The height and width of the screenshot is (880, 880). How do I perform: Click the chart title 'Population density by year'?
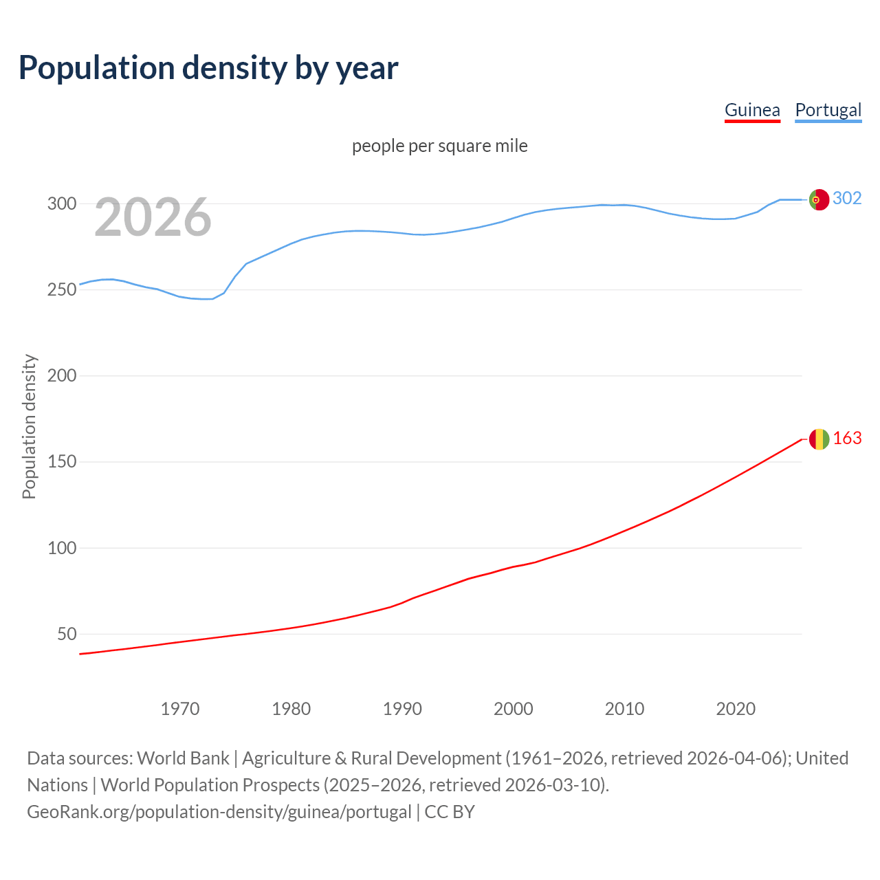point(208,68)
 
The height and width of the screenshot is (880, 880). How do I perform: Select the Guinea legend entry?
point(752,110)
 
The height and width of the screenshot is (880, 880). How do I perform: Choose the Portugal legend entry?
point(828,110)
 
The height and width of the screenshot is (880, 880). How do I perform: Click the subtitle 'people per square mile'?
point(439,146)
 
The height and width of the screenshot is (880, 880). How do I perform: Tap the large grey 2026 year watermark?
point(153,217)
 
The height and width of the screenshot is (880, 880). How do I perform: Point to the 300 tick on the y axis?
point(61,203)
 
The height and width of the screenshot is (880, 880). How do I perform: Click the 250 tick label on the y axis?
point(61,289)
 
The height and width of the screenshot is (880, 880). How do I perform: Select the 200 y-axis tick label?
point(61,375)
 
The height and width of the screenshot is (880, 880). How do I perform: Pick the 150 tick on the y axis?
point(61,461)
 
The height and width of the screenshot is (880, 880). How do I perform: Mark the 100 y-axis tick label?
point(61,548)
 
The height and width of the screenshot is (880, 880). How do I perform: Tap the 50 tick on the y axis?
point(67,634)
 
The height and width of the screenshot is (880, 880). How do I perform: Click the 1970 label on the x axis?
point(180,709)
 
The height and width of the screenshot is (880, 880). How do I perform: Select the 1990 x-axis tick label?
point(402,709)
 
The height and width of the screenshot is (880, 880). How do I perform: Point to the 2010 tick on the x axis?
point(624,709)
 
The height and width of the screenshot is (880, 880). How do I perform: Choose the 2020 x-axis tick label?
point(736,709)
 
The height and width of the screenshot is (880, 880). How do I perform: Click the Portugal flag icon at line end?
point(819,199)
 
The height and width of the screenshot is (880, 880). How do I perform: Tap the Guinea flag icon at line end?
point(819,439)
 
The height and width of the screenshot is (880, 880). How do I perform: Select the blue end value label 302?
point(847,199)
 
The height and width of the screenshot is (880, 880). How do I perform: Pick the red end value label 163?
point(847,439)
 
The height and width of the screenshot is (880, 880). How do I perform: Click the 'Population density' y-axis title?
point(29,426)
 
